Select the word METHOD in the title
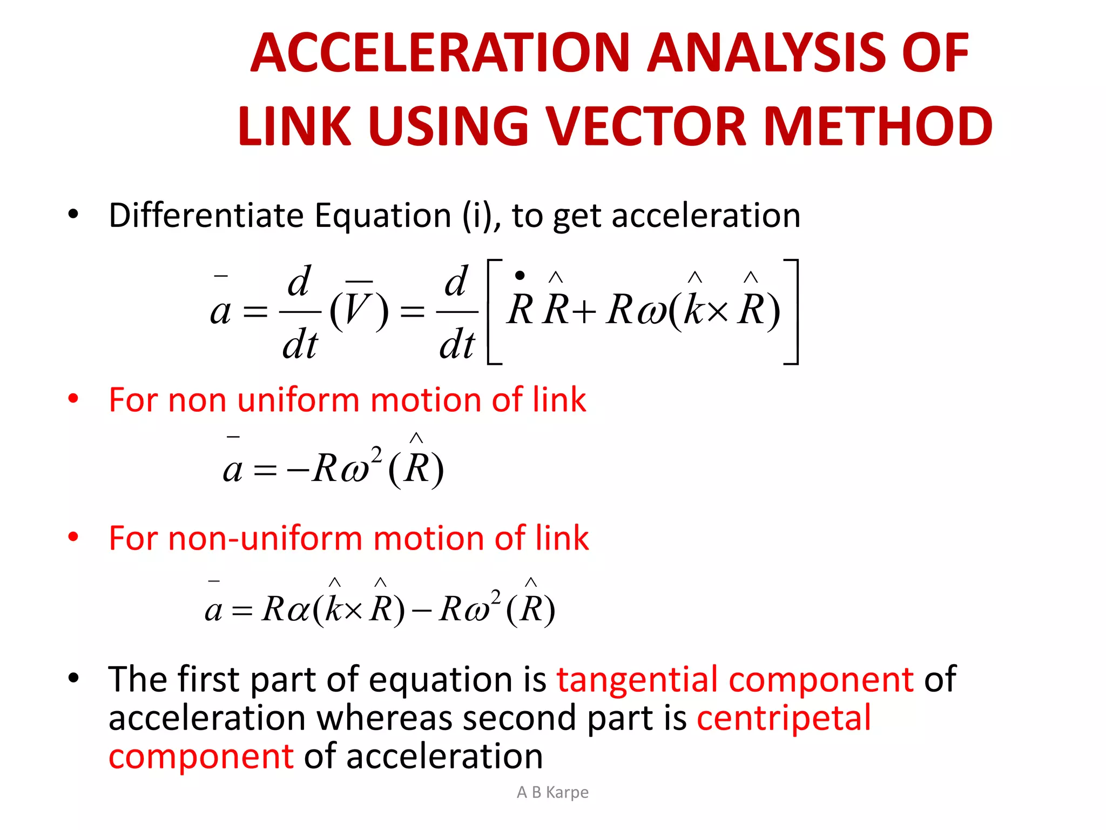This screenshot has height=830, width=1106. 878,126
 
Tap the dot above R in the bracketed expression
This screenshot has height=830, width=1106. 520,276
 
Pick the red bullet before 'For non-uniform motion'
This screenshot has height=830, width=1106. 73,537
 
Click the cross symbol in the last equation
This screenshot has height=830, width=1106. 353,611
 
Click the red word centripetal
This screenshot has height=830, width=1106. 784,718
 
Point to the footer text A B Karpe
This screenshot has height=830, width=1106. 552,792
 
